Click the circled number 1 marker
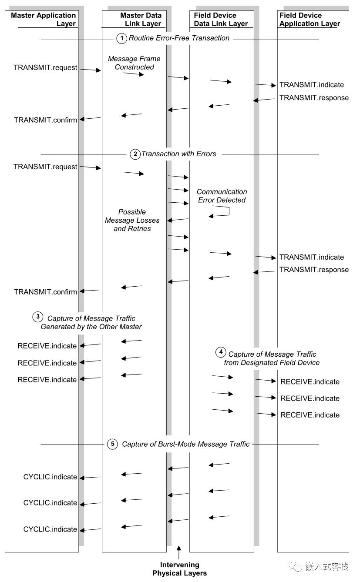pyautogui.click(x=121, y=38)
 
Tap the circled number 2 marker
pyautogui.click(x=135, y=154)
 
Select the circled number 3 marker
pyautogui.click(x=38, y=317)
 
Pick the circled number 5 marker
pyautogui.click(x=112, y=444)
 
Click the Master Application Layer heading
pyautogui.click(x=44, y=20)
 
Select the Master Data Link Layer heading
pyautogui.click(x=141, y=20)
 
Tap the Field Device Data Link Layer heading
pyautogui.click(x=221, y=20)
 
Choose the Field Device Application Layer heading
pyautogui.click(x=310, y=20)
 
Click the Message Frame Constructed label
pyautogui.click(x=134, y=63)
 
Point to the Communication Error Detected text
pyautogui.click(x=222, y=196)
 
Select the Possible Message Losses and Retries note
pyautogui.click(x=132, y=220)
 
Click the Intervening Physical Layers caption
pyautogui.click(x=179, y=569)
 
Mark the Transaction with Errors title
pyautogui.click(x=178, y=154)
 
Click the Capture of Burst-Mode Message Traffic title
pyautogui.click(x=186, y=444)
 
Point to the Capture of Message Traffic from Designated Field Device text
pyautogui.click(x=272, y=358)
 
